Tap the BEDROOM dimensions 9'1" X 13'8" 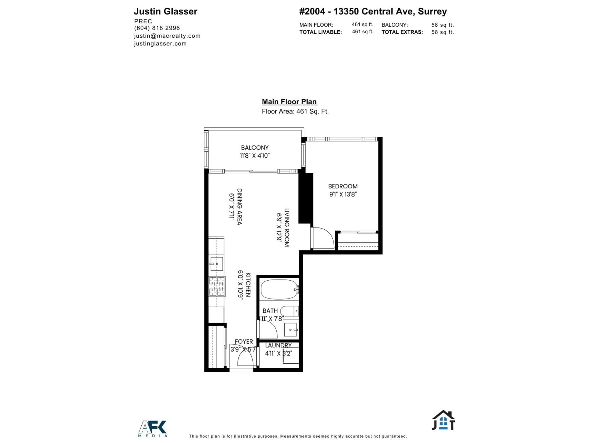[x=343, y=194]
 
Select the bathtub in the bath [x=279, y=289]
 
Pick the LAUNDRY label [x=278, y=345]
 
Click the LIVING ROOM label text [x=287, y=227]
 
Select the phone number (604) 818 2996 [x=157, y=28]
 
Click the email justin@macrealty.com [x=167, y=36]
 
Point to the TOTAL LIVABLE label [x=320, y=32]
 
